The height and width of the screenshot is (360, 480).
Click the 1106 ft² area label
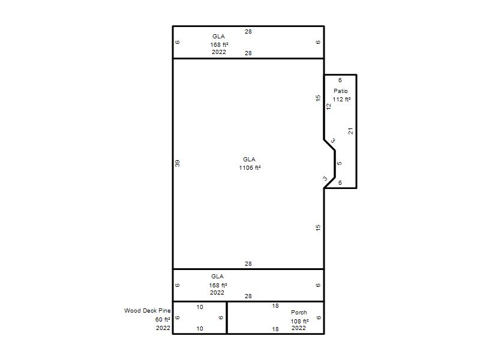(x=250, y=168)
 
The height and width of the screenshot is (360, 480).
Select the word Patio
(x=341, y=91)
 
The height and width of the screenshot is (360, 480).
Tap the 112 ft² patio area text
(x=341, y=100)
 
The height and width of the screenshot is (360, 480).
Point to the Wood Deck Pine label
(x=147, y=310)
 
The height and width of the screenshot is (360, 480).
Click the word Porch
(x=299, y=312)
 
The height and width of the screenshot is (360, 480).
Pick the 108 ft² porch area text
(x=299, y=321)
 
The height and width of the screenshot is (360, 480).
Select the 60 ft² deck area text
(x=163, y=320)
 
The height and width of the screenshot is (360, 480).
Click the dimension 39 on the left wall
(x=178, y=163)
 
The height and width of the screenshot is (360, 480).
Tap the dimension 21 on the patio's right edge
(x=350, y=131)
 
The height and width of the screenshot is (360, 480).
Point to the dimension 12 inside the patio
(x=328, y=107)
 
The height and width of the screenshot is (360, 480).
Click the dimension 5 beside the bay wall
(x=339, y=163)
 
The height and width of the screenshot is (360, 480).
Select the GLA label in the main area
(x=249, y=159)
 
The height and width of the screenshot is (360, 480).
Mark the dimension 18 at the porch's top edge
(x=275, y=306)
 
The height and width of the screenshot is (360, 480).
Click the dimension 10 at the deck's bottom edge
(x=200, y=328)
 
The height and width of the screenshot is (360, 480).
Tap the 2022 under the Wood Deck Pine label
(x=163, y=328)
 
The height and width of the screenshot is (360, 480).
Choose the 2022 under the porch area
(x=298, y=328)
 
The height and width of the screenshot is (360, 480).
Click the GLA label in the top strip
(x=218, y=36)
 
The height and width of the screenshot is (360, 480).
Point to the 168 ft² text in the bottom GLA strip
(x=218, y=286)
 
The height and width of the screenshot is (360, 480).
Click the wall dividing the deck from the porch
(x=227, y=318)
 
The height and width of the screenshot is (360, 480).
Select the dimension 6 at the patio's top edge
(x=340, y=80)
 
